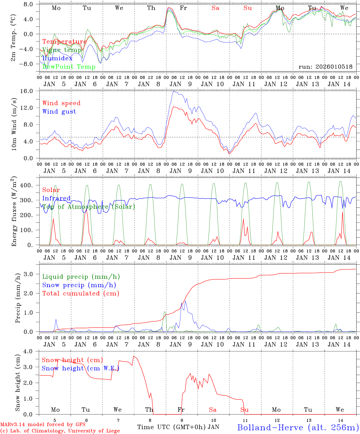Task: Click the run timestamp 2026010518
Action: click(x=325, y=67)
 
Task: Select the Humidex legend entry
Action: click(x=57, y=58)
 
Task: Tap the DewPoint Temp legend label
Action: click(x=69, y=67)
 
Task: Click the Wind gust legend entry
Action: click(x=59, y=112)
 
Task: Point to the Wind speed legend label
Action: click(x=61, y=103)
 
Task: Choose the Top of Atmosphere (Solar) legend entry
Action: click(x=89, y=207)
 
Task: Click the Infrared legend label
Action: click(x=56, y=198)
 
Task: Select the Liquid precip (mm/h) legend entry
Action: click(x=81, y=277)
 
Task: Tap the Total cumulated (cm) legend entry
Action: click(x=81, y=293)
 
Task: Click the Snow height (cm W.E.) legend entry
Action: click(x=80, y=368)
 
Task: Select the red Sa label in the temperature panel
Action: click(x=215, y=8)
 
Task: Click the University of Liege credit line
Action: click(x=60, y=431)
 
